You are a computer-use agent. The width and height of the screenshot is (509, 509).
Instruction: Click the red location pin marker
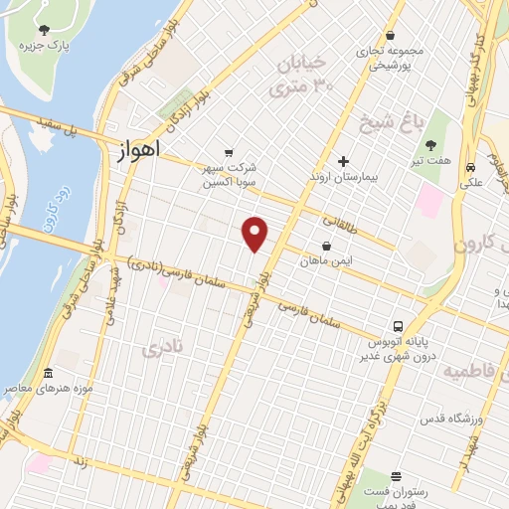pos(255,234)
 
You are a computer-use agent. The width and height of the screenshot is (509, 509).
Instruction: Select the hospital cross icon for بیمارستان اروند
pos(343,161)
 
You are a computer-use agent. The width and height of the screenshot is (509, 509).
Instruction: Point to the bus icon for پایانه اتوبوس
pos(398,326)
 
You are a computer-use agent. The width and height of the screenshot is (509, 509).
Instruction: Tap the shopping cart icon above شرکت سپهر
pos(230,153)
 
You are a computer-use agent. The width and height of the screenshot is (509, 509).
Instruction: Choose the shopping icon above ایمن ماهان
pos(326,245)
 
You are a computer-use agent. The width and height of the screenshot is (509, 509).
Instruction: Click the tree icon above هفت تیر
pos(429,145)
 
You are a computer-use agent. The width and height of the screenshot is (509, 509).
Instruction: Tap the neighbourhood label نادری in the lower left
pos(163,349)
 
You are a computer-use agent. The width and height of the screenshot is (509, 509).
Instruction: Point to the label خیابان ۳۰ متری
pos(305,76)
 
